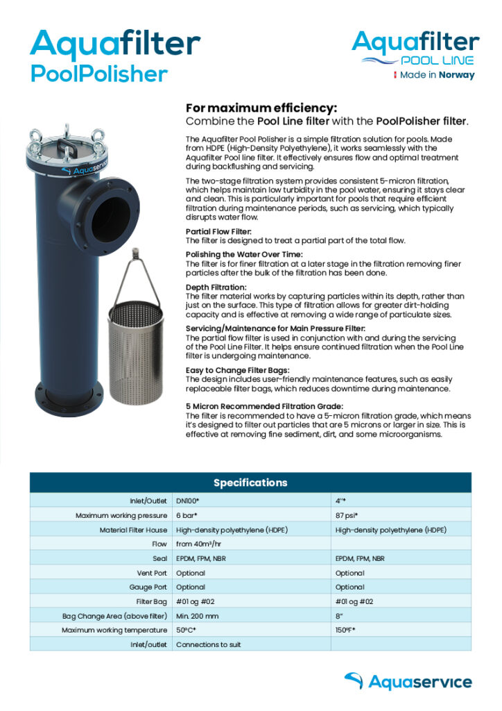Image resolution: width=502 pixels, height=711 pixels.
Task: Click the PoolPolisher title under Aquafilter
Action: coord(98,74)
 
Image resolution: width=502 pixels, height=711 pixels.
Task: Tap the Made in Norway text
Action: coord(438,75)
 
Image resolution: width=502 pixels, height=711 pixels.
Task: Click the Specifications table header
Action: coord(250,483)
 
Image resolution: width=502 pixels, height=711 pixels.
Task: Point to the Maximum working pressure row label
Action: coord(121,516)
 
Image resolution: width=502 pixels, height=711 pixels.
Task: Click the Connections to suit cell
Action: coord(209,644)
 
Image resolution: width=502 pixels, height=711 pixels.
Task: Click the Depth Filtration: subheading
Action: coord(216,287)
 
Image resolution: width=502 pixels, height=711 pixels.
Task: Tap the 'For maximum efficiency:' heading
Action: coord(261,108)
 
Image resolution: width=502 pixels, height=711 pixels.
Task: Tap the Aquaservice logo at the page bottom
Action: coord(408,682)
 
